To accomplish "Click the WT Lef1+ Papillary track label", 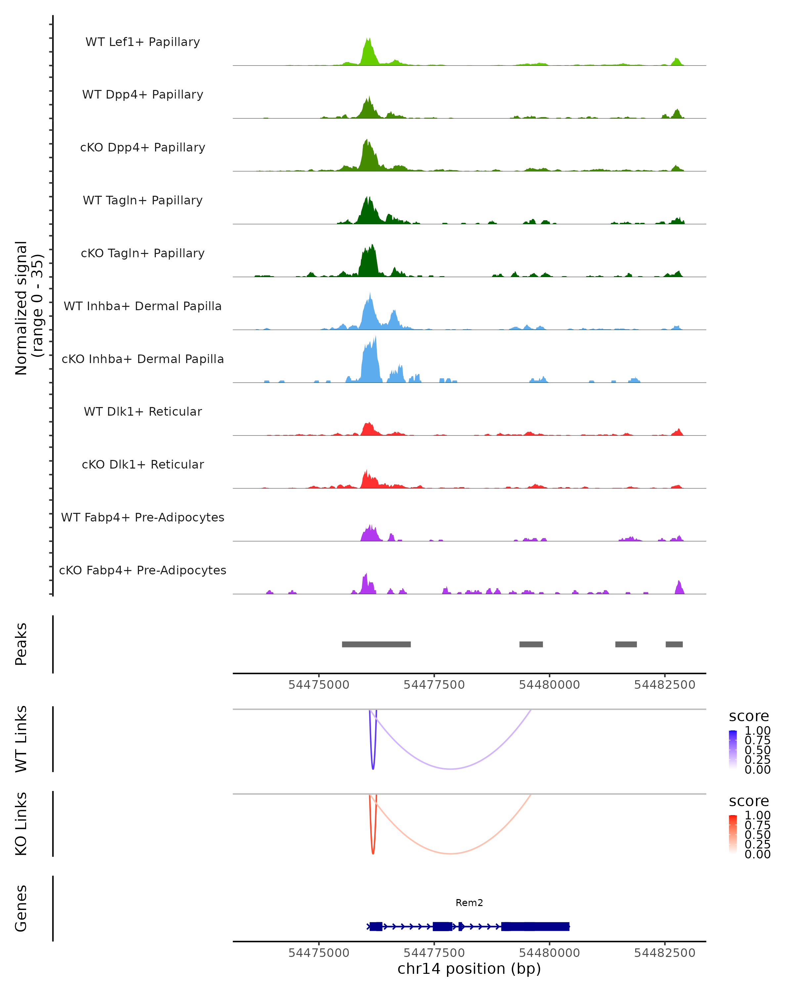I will click(143, 42).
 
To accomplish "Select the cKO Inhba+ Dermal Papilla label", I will click(143, 359).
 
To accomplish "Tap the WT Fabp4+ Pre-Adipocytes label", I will click(143, 517).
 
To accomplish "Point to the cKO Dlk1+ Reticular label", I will click(143, 464).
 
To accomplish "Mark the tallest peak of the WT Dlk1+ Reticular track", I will click(367, 423).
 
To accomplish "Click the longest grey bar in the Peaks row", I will click(376, 644).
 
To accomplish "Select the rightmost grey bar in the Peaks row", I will click(674, 644).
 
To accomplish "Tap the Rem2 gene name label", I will click(469, 903).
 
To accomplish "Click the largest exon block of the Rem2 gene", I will click(535, 926).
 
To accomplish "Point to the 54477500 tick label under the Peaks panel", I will click(434, 685).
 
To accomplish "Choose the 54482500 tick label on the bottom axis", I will click(664, 952).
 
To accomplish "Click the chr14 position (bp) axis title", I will click(469, 969).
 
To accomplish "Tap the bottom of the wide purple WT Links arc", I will click(451, 769).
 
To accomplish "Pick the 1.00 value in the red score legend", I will click(757, 815).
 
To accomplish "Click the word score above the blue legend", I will click(749, 717).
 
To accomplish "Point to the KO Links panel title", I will click(21, 824).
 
